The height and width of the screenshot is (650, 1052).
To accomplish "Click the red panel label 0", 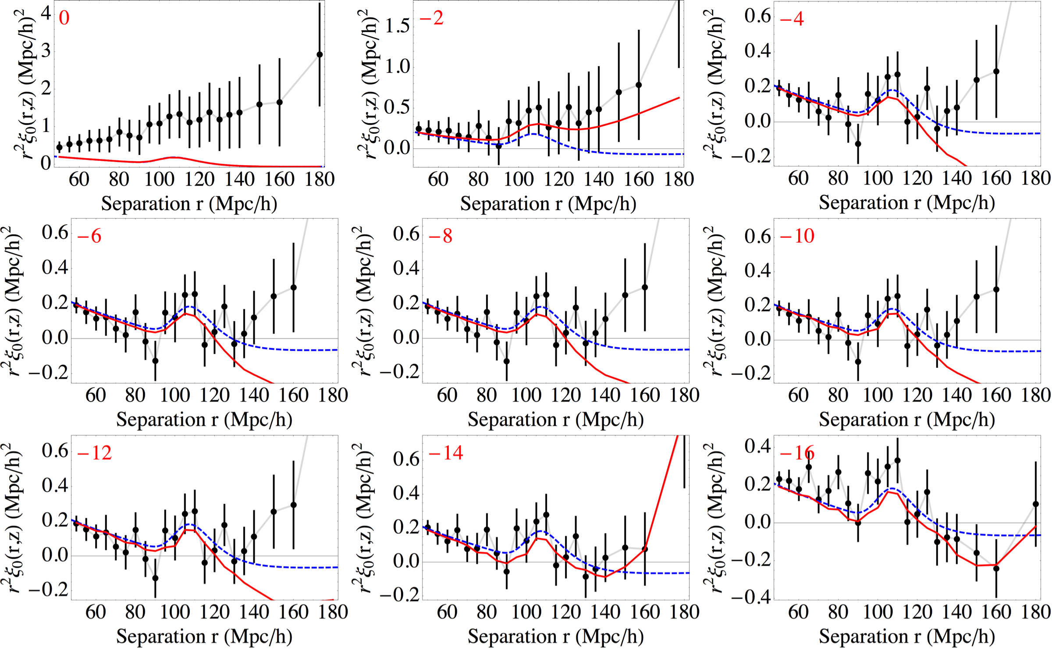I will click(64, 18).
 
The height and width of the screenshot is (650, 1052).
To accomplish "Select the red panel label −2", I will click(431, 18).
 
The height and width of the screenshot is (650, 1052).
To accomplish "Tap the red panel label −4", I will click(792, 19).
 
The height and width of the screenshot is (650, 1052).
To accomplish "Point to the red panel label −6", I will click(89, 237).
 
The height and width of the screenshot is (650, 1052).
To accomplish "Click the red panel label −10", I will click(797, 237).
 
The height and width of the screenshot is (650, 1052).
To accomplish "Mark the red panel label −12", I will click(94, 453).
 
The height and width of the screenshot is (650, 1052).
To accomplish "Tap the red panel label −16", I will click(797, 453).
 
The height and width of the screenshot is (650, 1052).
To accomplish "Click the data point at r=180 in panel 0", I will click(320, 55).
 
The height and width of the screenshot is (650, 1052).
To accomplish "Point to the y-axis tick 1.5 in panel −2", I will click(397, 25).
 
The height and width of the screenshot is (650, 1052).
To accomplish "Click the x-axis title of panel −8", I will click(555, 420).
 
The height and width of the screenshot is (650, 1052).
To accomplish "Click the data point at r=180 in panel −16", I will click(1036, 504).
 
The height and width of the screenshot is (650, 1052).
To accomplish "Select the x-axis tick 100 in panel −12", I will click(175, 612).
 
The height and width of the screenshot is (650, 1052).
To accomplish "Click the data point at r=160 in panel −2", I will click(639, 85).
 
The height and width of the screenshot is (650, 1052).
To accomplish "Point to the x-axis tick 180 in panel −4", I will click(1036, 179).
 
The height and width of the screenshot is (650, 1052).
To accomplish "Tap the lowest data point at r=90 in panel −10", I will click(858, 362).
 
